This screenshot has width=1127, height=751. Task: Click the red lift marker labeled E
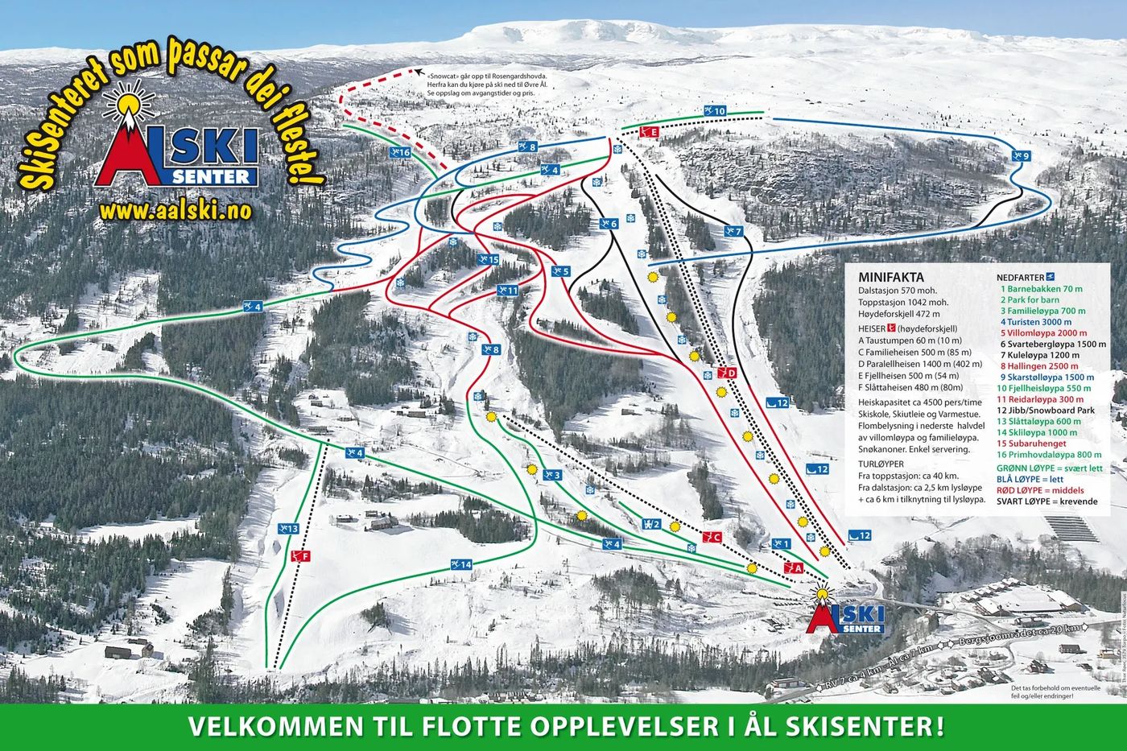649,132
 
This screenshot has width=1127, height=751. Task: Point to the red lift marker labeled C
711,538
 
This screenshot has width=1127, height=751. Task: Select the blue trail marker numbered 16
400,152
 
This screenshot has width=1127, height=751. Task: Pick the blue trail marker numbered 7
733,232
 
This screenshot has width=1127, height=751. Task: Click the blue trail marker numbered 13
288,529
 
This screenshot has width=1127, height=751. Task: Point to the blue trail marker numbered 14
460,564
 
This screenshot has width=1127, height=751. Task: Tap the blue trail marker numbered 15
489,259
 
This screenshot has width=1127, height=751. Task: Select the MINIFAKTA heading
891,275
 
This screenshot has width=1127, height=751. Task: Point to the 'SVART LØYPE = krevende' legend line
1046,501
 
